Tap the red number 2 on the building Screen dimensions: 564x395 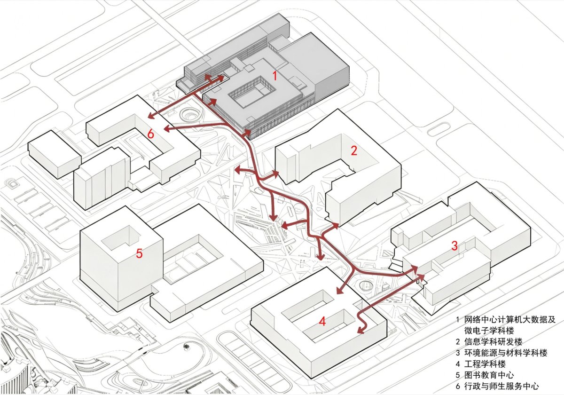354,150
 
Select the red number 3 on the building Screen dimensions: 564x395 454,246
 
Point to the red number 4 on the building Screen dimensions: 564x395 322,322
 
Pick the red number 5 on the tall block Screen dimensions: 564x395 139,253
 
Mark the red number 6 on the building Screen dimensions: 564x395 150,134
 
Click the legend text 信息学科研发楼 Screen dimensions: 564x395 493,341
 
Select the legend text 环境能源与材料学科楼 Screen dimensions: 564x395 506,353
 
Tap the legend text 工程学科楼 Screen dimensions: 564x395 485,364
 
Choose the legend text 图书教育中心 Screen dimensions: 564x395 489,375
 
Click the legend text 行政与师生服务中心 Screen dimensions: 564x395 501,386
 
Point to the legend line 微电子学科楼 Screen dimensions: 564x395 489,330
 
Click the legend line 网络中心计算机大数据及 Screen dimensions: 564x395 510,319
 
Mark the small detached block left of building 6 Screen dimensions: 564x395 55,154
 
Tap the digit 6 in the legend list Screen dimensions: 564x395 458,387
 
